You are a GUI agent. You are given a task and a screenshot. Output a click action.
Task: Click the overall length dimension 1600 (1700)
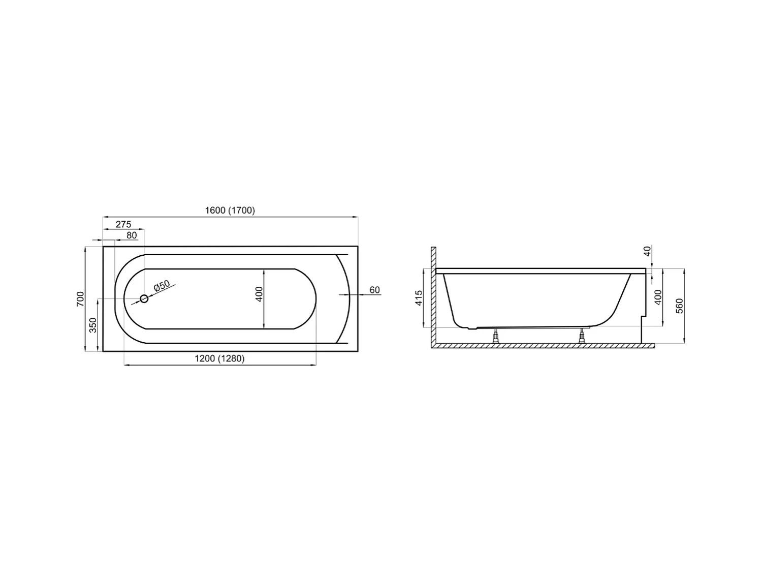(230, 210)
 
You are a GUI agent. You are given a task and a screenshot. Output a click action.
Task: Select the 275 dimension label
(123, 224)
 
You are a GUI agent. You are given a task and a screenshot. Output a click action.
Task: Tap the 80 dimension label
(132, 235)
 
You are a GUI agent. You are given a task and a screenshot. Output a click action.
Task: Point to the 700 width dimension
(80, 299)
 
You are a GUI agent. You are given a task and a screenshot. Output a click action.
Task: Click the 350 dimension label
(93, 325)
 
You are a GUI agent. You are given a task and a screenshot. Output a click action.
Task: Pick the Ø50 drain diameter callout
(162, 286)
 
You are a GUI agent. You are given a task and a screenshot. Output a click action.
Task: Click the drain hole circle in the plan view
(144, 299)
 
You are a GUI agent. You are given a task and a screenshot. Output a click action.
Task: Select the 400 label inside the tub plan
(259, 294)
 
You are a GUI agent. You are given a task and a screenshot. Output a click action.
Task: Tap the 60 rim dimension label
(374, 290)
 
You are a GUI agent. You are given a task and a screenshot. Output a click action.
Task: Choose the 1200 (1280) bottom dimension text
(219, 358)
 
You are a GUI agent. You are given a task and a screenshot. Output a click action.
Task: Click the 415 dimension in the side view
(419, 297)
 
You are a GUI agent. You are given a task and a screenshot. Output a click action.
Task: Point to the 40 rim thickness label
(647, 251)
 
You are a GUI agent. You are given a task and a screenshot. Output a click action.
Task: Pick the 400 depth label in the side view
(658, 297)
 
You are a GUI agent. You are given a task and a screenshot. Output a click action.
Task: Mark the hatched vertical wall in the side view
(433, 295)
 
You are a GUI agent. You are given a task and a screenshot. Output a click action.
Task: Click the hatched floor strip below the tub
(544, 346)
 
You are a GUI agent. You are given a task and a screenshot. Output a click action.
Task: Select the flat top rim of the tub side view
(541, 271)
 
